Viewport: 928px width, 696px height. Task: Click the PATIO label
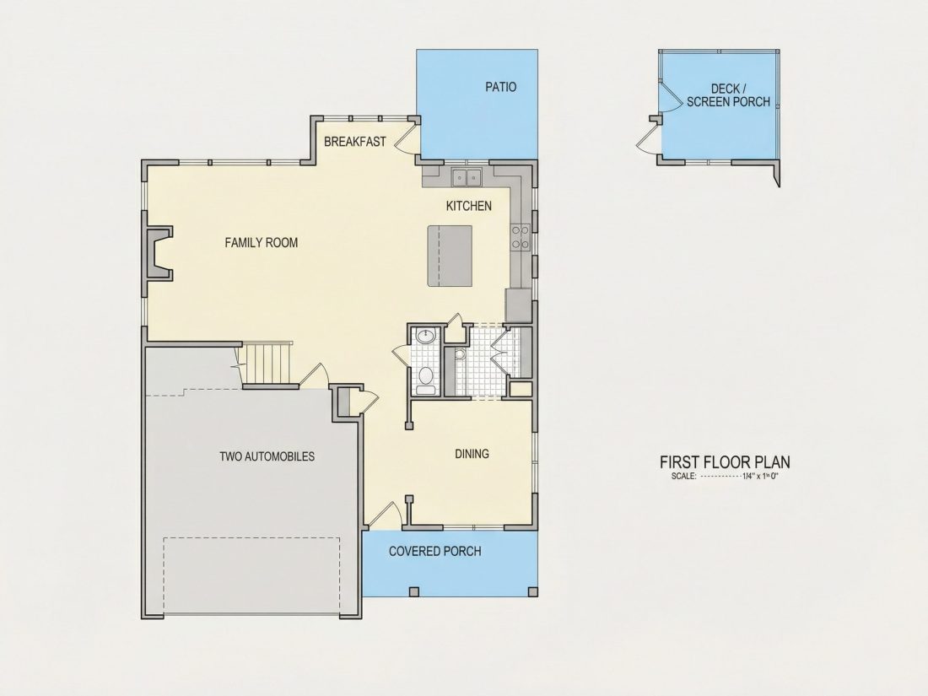[x=500, y=87]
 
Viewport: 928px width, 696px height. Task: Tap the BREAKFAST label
[x=354, y=142]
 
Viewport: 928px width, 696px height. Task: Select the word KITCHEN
[x=469, y=206]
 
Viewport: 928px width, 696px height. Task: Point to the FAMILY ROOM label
[x=261, y=243]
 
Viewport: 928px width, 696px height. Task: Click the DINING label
[x=472, y=454]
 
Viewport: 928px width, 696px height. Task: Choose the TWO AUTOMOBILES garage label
[x=267, y=456]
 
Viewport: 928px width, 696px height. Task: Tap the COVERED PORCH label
[x=435, y=551]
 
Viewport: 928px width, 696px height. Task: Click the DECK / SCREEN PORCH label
[x=728, y=95]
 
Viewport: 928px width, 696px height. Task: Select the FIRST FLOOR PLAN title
[x=725, y=461]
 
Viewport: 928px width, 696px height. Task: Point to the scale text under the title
[x=725, y=476]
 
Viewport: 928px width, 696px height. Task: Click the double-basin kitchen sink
[x=467, y=177]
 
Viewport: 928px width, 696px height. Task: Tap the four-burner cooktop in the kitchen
[x=521, y=236]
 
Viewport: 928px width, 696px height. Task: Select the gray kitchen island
[x=450, y=256]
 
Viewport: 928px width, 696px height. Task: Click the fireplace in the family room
[x=158, y=253]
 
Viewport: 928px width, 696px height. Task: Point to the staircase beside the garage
[x=267, y=364]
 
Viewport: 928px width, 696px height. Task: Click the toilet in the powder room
[x=425, y=379]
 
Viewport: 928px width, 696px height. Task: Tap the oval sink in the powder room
[x=425, y=337]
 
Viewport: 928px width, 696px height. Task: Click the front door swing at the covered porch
[x=382, y=514]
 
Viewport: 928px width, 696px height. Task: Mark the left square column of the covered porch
[x=413, y=591]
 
